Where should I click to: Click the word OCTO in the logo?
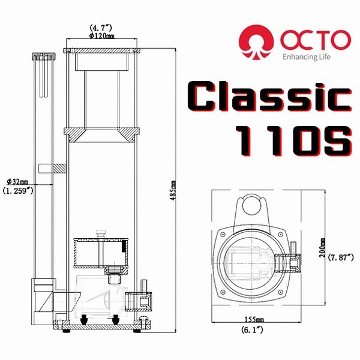point(314,40)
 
